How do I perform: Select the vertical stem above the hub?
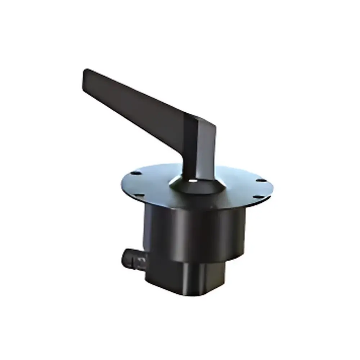pos(200,155)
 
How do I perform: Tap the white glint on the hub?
pos(195,181)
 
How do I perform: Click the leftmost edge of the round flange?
pos(120,184)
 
